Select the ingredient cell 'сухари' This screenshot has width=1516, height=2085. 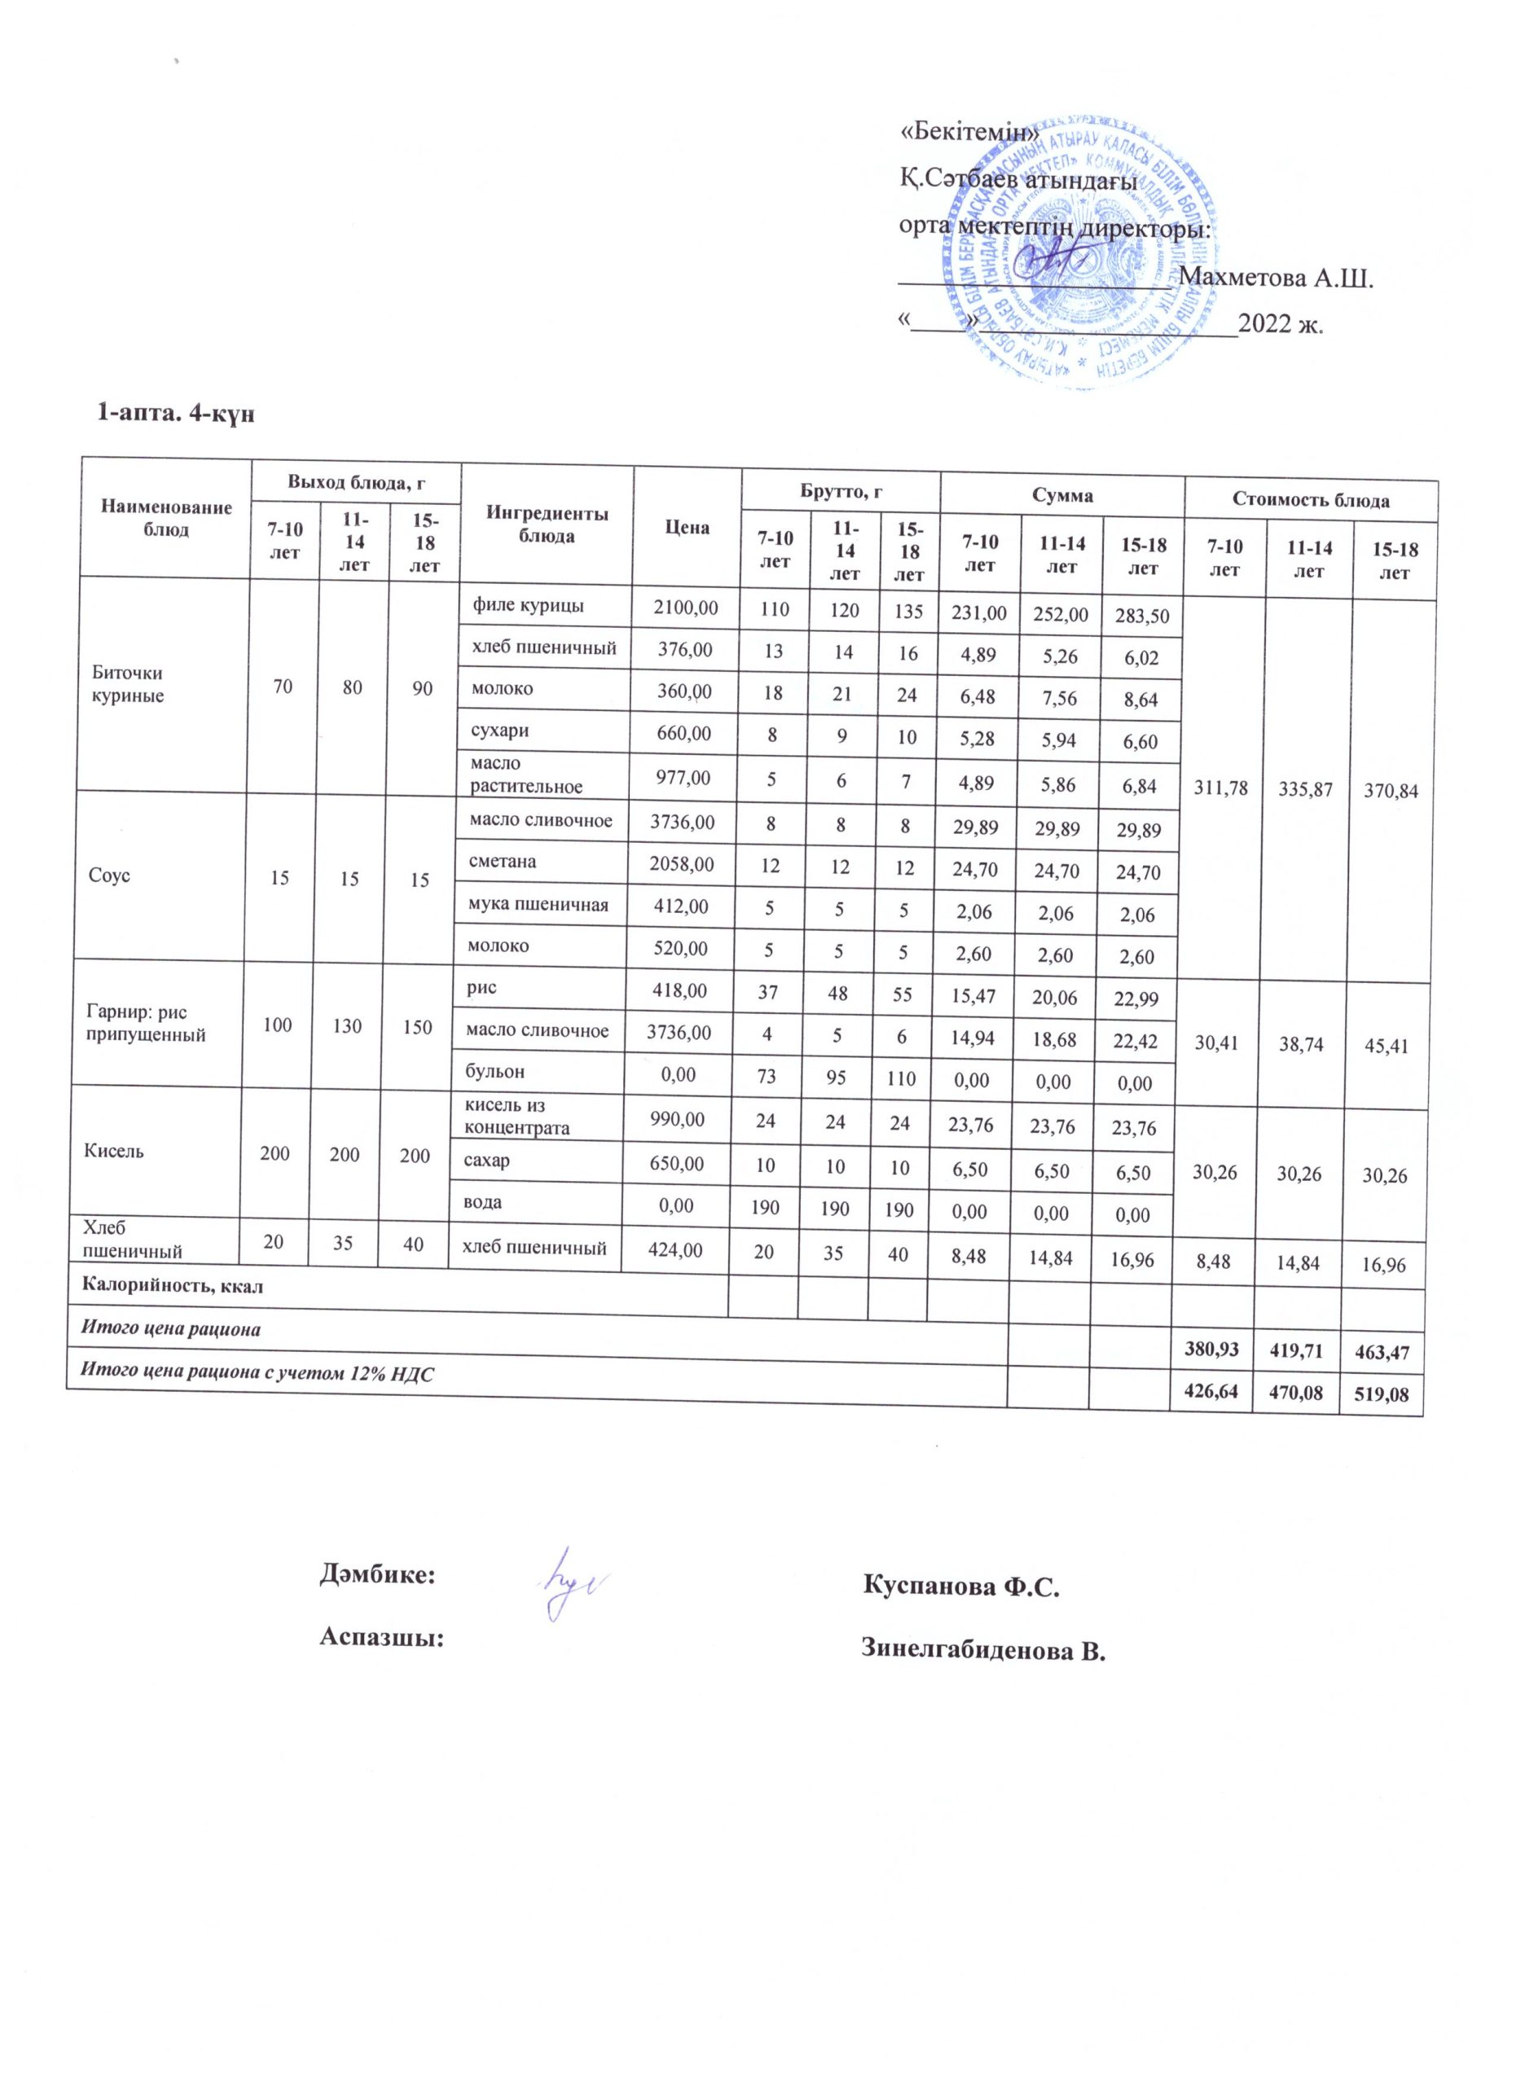coord(500,731)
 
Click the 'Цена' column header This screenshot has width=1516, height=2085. coord(687,528)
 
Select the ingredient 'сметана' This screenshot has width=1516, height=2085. coord(503,862)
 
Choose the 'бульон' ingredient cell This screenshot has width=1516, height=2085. coord(499,1071)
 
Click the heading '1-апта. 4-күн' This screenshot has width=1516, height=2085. coord(174,415)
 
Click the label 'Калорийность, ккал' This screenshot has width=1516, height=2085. coord(173,1286)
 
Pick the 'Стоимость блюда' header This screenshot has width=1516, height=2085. coord(1309,501)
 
